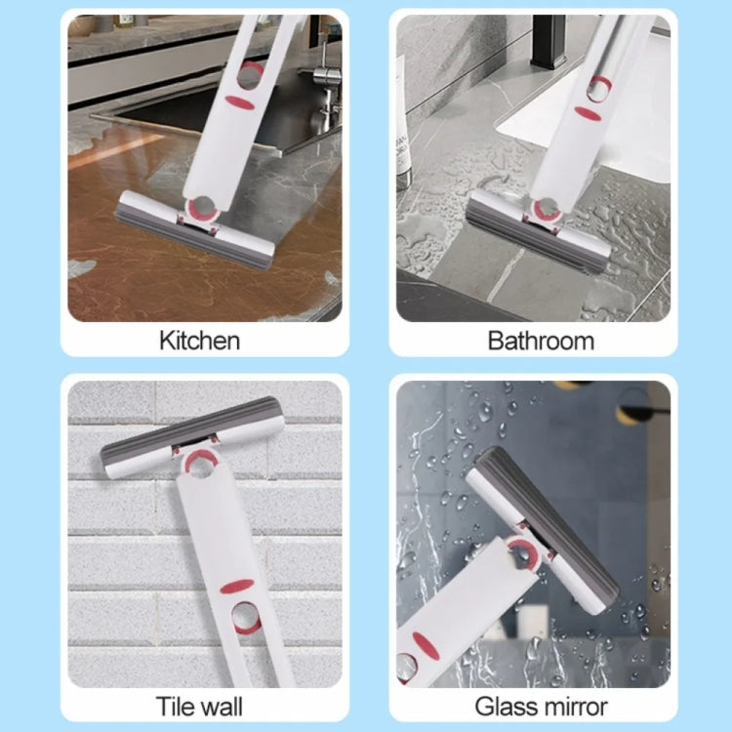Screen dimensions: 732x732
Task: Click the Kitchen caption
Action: [x=199, y=341]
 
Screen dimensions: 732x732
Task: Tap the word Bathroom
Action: [x=541, y=341]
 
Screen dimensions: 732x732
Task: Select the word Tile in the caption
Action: [x=179, y=705]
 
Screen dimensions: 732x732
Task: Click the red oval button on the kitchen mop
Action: [x=239, y=101]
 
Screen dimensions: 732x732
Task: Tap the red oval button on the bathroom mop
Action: [x=589, y=113]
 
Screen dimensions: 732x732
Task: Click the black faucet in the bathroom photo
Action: [x=546, y=39]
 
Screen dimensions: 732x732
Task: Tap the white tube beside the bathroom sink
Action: [x=400, y=117]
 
